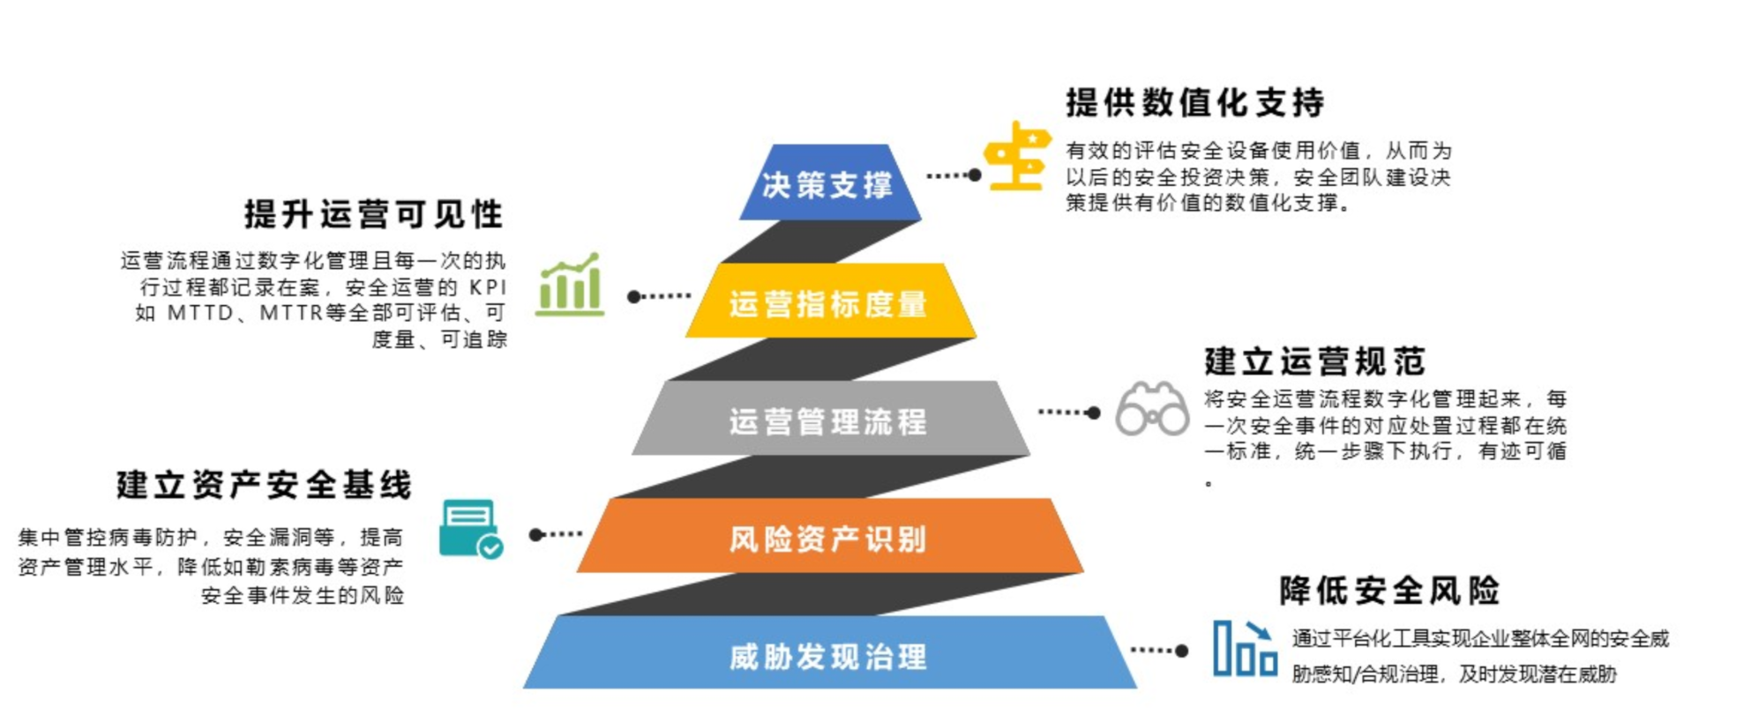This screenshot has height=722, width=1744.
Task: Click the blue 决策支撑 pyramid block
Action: tap(828, 183)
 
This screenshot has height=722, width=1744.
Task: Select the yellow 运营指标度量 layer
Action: tap(828, 302)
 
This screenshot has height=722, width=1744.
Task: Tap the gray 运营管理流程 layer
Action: tap(828, 420)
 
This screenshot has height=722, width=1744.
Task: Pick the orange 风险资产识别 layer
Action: tap(828, 537)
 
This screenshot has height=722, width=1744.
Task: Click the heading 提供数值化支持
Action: tap(1194, 103)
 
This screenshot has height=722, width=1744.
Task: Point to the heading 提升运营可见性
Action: tap(373, 214)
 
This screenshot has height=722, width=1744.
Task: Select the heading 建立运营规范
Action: tap(1314, 361)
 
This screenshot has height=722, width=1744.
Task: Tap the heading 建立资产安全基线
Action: tap(264, 485)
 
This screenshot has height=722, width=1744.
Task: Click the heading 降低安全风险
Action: tap(1389, 590)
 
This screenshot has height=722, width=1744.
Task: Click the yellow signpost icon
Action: tap(1017, 157)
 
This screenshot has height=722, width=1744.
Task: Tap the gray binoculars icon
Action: tap(1151, 410)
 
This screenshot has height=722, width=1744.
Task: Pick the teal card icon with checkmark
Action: tap(471, 529)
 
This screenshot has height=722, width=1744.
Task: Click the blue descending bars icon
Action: tap(1245, 649)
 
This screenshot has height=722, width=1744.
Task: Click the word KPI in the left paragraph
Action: tap(488, 287)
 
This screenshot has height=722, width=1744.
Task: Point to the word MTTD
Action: tap(200, 313)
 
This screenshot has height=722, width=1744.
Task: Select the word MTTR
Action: tap(291, 313)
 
